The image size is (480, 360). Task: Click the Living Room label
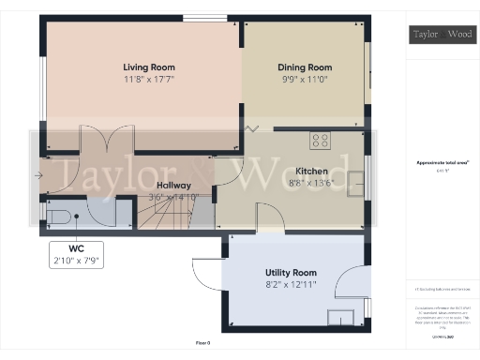click(149, 67)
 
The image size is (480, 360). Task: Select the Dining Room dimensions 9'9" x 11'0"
click(305, 80)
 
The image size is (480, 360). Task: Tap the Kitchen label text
click(311, 172)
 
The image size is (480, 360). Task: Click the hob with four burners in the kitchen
click(321, 141)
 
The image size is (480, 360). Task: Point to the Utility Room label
click(291, 272)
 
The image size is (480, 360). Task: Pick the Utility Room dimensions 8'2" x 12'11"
click(291, 284)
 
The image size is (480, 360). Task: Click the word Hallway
click(174, 186)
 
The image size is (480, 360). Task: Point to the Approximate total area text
click(442, 162)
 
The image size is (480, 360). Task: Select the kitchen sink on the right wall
click(356, 182)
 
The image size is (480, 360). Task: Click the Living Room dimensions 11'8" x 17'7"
click(149, 80)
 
